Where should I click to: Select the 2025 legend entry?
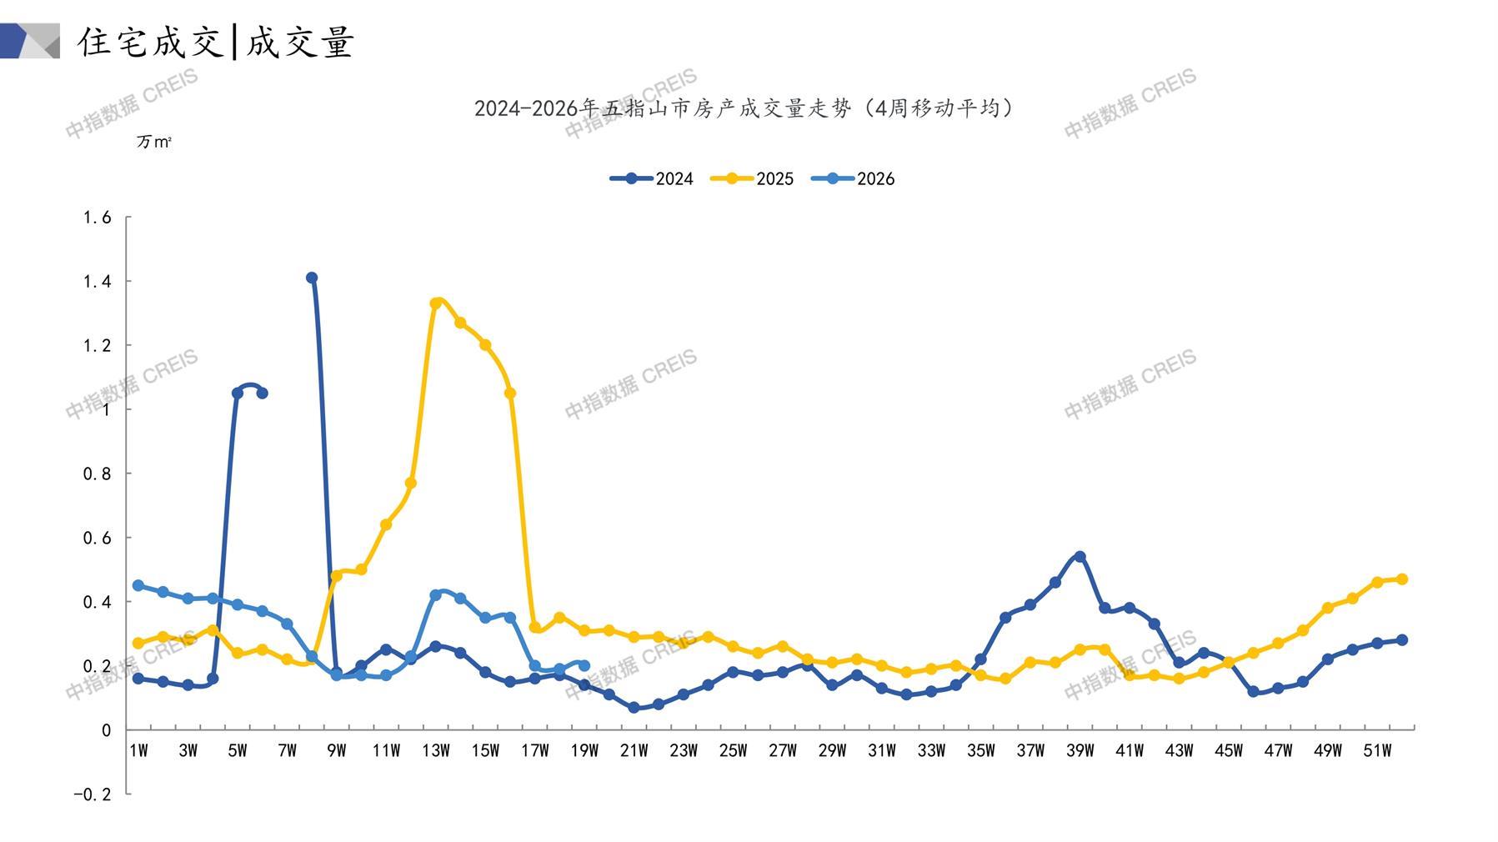point(752,178)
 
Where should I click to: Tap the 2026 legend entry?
point(853,178)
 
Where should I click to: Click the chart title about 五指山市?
point(744,108)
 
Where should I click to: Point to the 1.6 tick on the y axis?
point(97,218)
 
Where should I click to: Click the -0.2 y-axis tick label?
point(92,794)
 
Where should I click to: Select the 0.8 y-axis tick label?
point(97,474)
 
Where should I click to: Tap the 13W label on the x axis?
point(436,750)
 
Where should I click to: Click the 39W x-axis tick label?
point(1080,750)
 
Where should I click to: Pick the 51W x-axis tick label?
point(1377,750)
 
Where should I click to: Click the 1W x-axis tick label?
point(138,750)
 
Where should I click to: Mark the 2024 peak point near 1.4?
point(312,278)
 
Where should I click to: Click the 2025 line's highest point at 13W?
point(436,303)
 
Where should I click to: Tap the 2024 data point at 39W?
point(1080,556)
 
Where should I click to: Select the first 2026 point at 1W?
point(138,585)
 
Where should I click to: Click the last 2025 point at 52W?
point(1401,579)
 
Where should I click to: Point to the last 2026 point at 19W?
point(584,665)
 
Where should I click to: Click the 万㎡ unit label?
point(154,142)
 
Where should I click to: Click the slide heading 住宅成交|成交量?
point(216,42)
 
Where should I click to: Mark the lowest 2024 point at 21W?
point(634,707)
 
